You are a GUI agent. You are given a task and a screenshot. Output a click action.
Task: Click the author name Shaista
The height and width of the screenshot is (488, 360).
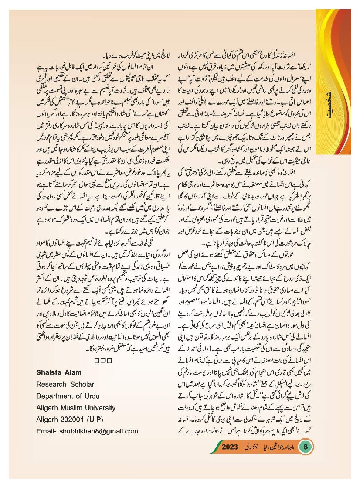point(50,372)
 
